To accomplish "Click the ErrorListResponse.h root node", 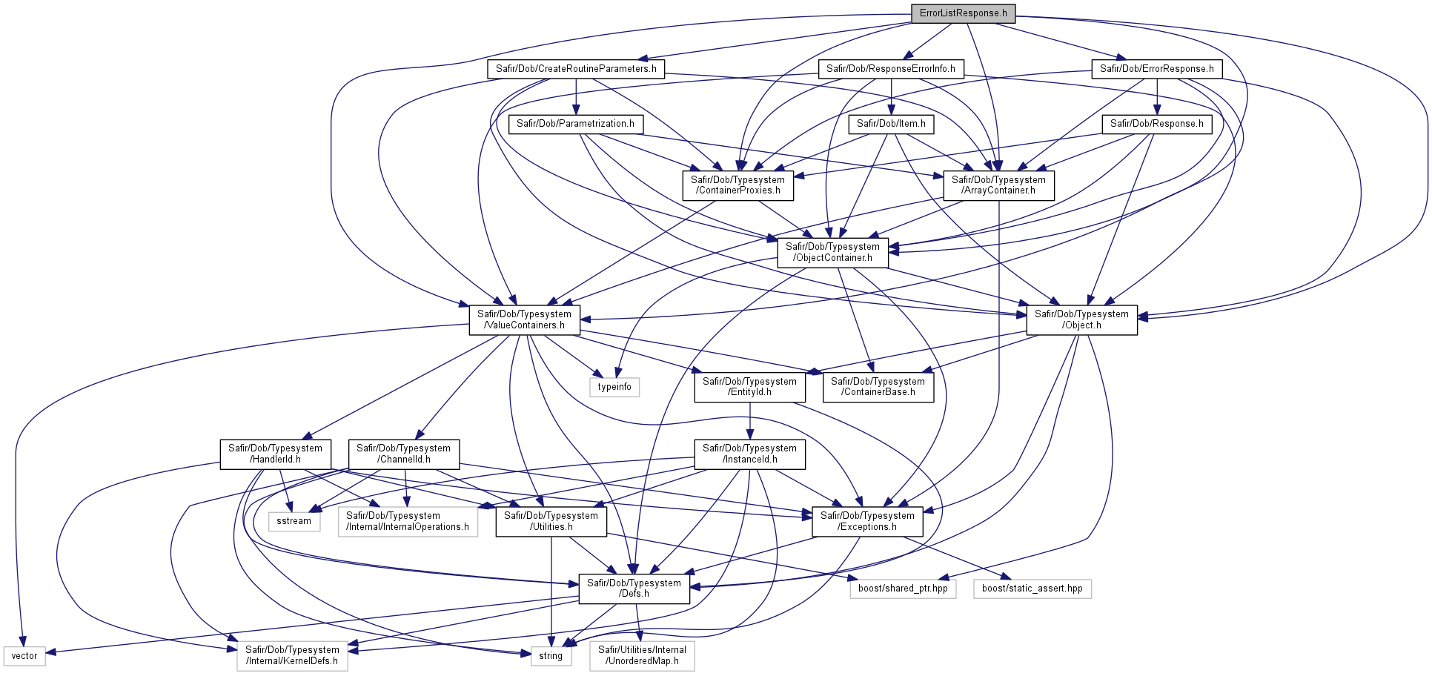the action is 963,13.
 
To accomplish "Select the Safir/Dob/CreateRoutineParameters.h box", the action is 576,69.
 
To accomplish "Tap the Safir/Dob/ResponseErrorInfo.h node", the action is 891,69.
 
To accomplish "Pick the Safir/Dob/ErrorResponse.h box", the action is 1156,69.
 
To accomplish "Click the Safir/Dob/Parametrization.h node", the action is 576,124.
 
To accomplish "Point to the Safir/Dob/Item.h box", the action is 891,124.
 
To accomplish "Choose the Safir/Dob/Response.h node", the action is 1156,124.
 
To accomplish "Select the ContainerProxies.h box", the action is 737,185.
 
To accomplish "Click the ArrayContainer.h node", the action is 998,185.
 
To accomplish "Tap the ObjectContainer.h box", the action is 832,253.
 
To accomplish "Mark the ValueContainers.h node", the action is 524,320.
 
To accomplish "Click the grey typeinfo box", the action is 614,387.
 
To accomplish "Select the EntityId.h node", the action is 749,387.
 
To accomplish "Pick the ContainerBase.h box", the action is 878,387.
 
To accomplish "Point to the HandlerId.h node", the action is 275,454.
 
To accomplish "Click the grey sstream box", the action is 294,521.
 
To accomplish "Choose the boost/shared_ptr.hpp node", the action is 903,589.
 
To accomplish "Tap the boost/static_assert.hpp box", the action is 1032,589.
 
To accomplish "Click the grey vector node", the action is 24,656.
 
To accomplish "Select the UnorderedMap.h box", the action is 643,656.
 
